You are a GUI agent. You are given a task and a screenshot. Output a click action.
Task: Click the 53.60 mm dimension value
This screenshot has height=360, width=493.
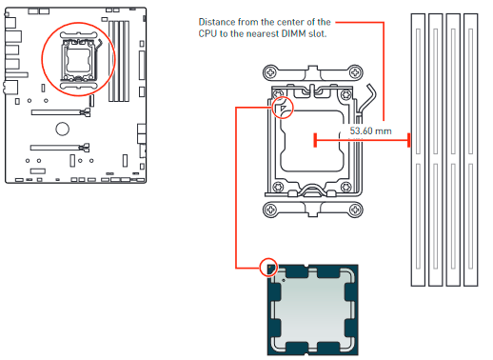click(x=371, y=130)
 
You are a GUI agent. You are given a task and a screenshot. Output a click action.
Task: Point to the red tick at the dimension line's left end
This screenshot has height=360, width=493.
click(x=315, y=141)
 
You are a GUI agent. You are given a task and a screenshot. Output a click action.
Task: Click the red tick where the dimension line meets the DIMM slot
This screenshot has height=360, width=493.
click(x=408, y=141)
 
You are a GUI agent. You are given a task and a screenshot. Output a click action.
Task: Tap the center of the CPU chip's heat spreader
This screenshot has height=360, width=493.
click(x=312, y=307)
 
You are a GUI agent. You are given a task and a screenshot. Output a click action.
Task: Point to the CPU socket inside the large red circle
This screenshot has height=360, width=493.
click(x=78, y=62)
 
